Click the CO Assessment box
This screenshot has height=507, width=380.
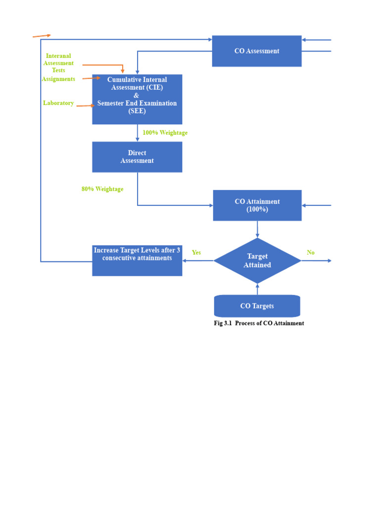pos(256,51)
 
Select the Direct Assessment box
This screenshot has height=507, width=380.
pos(137,157)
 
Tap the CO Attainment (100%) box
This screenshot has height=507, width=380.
pos(257,205)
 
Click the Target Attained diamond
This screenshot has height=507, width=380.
pos(257,260)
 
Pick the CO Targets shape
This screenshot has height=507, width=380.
pos(257,306)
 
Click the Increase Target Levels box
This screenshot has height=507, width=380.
pos(137,260)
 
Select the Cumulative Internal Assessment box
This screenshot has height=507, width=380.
pos(137,99)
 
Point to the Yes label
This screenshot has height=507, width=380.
pos(196,253)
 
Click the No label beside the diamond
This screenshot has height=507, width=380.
pos(311,253)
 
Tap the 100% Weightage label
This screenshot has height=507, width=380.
pos(165,133)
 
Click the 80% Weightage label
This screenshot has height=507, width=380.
pos(102,189)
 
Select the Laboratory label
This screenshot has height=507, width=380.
pos(58,103)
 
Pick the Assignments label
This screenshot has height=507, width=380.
pos(58,79)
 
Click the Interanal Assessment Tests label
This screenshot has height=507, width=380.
pos(58,63)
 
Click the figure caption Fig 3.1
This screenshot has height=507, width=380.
pos(259,323)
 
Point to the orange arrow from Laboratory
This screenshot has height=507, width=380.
pos(85,105)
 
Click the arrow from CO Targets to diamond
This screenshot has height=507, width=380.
pos(257,289)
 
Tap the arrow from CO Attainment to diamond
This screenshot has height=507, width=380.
pos(257,229)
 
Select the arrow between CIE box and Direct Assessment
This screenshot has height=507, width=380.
pos(138,133)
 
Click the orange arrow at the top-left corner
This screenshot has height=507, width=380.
pos(42,36)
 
